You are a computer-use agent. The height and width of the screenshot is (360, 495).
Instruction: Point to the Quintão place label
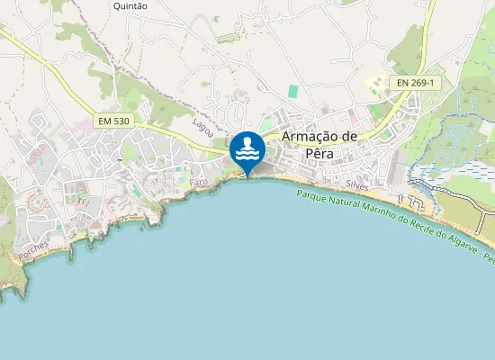tap(130, 5)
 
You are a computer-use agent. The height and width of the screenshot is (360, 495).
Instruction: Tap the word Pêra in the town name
tap(319, 153)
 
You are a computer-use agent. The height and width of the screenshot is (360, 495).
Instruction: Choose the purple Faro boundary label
tap(199, 182)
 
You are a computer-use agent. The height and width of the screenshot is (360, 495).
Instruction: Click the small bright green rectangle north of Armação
tap(292, 91)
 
